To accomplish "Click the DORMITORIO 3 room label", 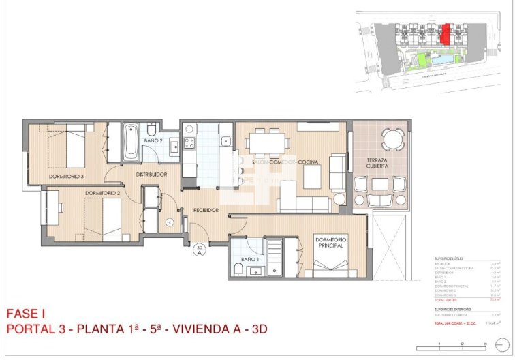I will [66, 177].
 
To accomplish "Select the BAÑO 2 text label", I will [153, 140].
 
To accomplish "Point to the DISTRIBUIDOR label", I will [151, 175].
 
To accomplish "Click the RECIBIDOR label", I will [205, 210].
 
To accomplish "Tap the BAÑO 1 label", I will [249, 260].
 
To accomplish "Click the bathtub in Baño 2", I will [131, 141].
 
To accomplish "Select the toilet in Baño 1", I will [237, 269].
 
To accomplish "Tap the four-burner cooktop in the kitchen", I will [188, 143].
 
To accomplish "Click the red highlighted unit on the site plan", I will [446, 34].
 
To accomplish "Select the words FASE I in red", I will [25, 314].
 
